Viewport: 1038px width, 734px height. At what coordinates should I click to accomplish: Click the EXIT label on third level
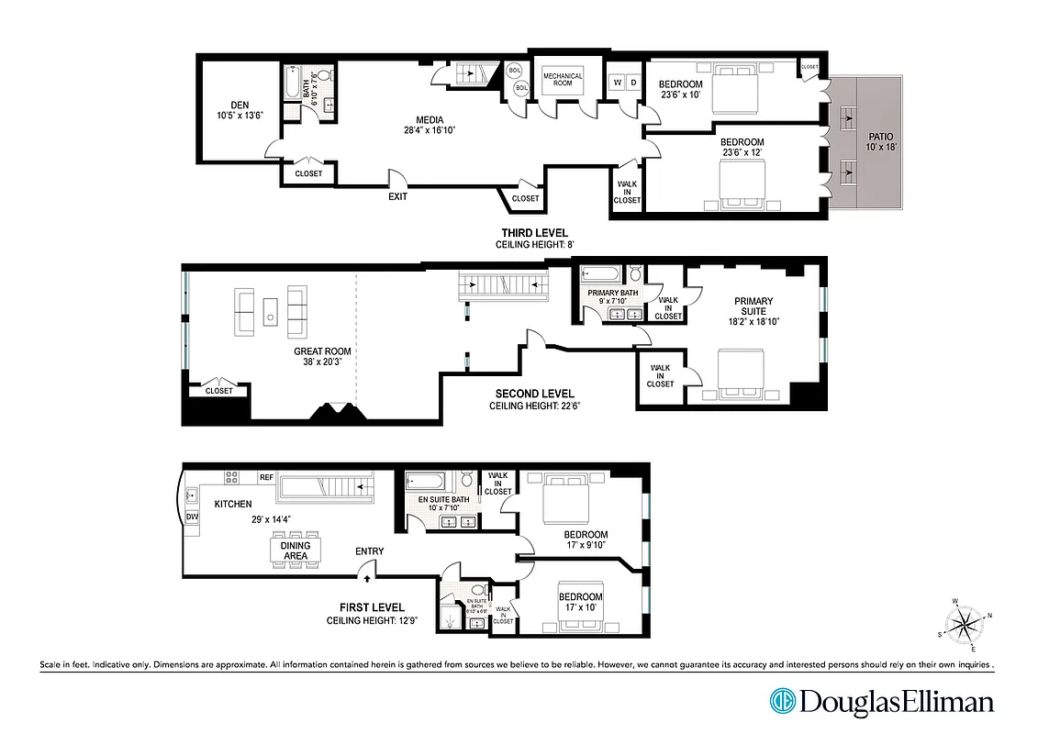397,195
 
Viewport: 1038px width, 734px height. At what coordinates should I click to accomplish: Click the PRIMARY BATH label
612,293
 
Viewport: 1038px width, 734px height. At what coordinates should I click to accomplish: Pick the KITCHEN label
233,504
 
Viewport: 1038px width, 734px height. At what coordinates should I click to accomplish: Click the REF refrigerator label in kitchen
266,477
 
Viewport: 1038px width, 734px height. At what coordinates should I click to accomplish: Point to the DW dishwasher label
192,517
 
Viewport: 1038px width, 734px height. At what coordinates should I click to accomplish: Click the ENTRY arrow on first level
367,578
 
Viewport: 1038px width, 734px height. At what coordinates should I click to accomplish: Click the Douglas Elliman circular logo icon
782,703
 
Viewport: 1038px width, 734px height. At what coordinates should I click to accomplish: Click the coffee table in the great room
271,311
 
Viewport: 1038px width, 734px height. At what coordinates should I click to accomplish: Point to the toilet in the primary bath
634,273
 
